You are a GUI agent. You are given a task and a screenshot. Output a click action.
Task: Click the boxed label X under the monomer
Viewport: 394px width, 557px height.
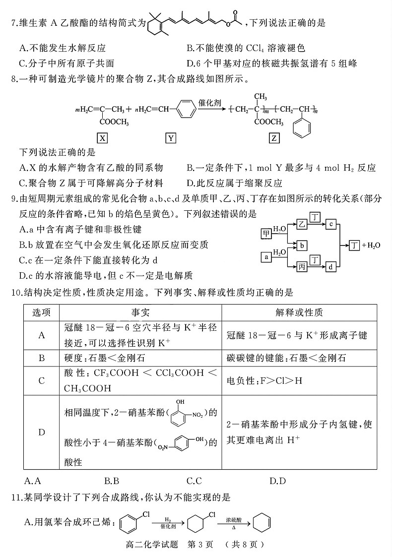[x=102, y=138]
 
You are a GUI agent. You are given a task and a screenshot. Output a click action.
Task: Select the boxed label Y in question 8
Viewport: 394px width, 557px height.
[x=171, y=138]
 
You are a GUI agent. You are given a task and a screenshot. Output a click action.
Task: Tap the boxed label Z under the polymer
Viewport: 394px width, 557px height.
[x=273, y=138]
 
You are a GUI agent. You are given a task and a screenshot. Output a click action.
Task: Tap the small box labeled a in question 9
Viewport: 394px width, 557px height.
[x=267, y=256]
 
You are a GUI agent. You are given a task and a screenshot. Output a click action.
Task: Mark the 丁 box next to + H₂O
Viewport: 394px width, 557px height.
[x=354, y=246]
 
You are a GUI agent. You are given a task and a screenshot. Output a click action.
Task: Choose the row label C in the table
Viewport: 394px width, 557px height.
[x=41, y=380]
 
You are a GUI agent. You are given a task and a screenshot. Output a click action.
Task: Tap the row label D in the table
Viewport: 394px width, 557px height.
[x=41, y=433]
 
